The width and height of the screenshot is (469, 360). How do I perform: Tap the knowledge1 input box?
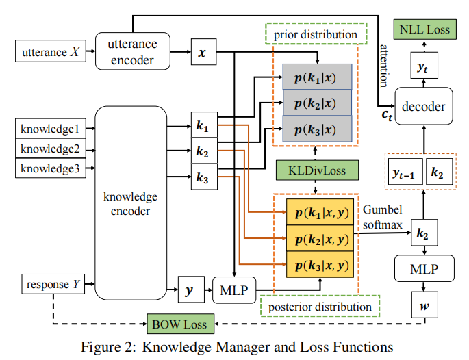[50, 128]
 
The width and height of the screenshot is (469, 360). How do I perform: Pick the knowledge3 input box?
[50, 168]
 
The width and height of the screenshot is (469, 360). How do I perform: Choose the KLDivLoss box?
[315, 169]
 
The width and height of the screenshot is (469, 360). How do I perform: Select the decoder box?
[424, 106]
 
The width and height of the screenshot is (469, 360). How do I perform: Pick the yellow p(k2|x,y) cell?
[318, 239]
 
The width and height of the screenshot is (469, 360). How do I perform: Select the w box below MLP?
[422, 302]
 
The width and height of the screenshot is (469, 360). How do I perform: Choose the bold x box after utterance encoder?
[202, 51]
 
